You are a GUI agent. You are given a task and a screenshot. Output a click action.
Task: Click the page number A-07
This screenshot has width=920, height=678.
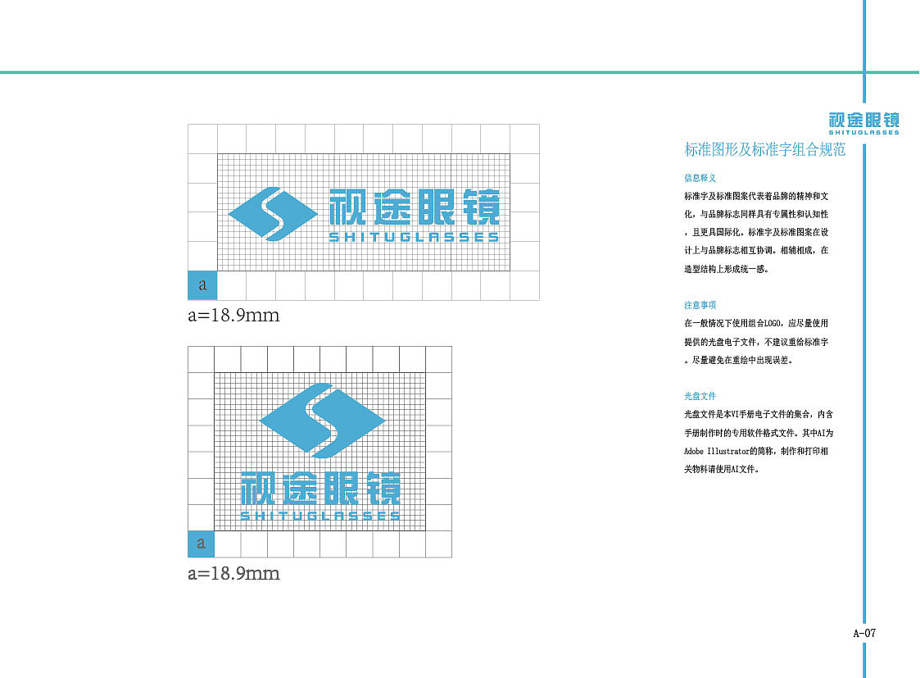(864, 633)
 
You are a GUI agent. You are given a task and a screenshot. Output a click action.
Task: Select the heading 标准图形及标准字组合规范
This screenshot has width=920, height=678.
(764, 150)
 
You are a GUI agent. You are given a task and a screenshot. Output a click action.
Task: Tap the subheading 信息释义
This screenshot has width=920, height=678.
(700, 178)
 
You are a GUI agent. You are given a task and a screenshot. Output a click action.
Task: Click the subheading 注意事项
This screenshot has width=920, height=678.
(700, 305)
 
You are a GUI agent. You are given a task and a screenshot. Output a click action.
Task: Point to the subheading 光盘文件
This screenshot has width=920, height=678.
(700, 396)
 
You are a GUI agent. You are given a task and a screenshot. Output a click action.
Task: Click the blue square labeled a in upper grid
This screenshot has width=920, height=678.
(202, 285)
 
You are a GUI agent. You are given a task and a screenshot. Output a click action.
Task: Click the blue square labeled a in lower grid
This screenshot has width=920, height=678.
(201, 544)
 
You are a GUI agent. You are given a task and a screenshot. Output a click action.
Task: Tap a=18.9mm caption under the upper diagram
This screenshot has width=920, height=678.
(233, 315)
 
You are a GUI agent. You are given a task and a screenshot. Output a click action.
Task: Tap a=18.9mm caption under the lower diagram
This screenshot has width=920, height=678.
(233, 573)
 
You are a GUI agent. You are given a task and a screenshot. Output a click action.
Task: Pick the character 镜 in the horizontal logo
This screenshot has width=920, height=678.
(480, 207)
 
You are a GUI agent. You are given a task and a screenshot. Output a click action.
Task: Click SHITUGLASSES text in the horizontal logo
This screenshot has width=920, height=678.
(414, 238)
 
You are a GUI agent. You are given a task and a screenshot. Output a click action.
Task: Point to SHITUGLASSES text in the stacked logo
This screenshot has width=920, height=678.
(320, 516)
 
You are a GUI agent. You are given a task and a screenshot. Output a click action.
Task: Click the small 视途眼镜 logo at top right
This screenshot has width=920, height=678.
(863, 121)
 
